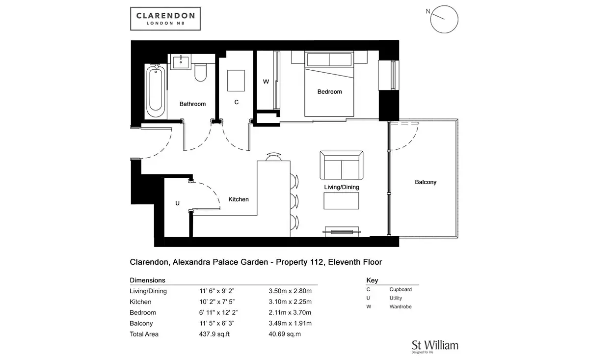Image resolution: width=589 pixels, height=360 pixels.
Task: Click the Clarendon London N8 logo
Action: pos(165,19)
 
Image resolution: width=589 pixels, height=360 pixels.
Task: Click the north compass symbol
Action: pos(444,19)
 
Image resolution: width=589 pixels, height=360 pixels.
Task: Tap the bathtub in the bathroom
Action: pos(156,91)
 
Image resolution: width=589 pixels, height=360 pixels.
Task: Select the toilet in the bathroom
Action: pos(201,72)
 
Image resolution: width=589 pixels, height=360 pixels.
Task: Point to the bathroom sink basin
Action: pos(181,62)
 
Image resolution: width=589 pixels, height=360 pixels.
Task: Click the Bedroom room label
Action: pos(329,92)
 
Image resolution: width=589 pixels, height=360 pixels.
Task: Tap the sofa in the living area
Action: pos(341,165)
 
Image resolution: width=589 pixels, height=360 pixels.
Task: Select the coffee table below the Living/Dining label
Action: pos(341,201)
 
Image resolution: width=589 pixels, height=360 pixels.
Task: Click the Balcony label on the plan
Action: pos(426,182)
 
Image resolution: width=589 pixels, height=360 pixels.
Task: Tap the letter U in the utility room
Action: pos(178,203)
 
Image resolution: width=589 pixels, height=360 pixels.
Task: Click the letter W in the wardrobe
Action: pos(266,82)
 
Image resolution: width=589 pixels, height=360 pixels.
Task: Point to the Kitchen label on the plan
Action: pos(239,199)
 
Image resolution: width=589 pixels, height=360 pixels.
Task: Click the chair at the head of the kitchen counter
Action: pos(273,157)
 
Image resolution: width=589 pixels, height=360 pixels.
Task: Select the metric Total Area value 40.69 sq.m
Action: pos(285,334)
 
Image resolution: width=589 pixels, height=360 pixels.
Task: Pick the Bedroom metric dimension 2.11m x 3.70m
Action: pos(290,313)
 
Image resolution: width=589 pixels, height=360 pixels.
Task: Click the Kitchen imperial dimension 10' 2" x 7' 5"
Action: pos(216,302)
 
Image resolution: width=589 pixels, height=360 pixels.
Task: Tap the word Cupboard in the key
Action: pos(401,289)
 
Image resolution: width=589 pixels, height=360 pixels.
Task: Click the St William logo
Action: pos(435,347)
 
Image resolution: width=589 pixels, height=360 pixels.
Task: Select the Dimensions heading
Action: pos(148,280)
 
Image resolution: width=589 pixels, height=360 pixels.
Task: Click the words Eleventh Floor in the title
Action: pos(355,262)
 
